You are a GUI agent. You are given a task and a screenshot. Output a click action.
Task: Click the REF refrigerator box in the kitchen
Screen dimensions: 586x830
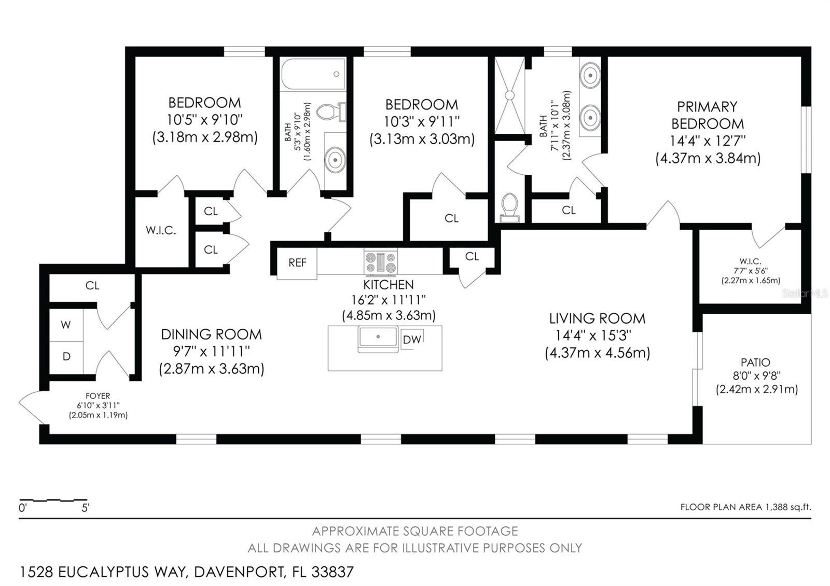click(x=297, y=263)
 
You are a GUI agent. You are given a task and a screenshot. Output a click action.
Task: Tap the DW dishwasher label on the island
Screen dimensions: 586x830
click(x=412, y=340)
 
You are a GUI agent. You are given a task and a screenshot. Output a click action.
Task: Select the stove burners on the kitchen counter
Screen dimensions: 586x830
click(x=381, y=261)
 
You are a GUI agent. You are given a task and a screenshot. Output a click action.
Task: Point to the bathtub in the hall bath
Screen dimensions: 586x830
click(x=313, y=75)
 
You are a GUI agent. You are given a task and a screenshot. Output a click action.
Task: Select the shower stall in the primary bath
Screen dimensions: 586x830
click(x=509, y=95)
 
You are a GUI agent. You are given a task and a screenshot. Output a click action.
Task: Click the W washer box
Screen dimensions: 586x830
click(x=66, y=325)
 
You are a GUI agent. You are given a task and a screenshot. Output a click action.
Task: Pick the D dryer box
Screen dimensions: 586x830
click(x=66, y=357)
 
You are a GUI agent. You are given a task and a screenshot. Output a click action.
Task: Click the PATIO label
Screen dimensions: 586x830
click(x=755, y=362)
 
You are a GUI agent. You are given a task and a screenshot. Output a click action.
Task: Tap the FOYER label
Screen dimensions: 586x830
click(x=98, y=396)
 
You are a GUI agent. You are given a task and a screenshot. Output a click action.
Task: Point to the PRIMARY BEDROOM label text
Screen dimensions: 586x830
click(x=707, y=115)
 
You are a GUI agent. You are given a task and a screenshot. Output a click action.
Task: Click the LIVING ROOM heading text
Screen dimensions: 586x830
click(x=597, y=318)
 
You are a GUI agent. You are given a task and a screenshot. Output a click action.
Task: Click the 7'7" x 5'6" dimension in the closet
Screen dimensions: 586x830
click(x=751, y=271)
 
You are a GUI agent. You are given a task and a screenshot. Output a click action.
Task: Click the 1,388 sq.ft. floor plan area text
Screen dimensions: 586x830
click(x=787, y=507)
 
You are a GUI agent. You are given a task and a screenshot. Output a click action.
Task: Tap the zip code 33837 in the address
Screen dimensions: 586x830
click(x=332, y=572)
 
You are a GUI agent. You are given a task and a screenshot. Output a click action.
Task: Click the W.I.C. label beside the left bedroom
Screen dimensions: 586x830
click(x=161, y=230)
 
